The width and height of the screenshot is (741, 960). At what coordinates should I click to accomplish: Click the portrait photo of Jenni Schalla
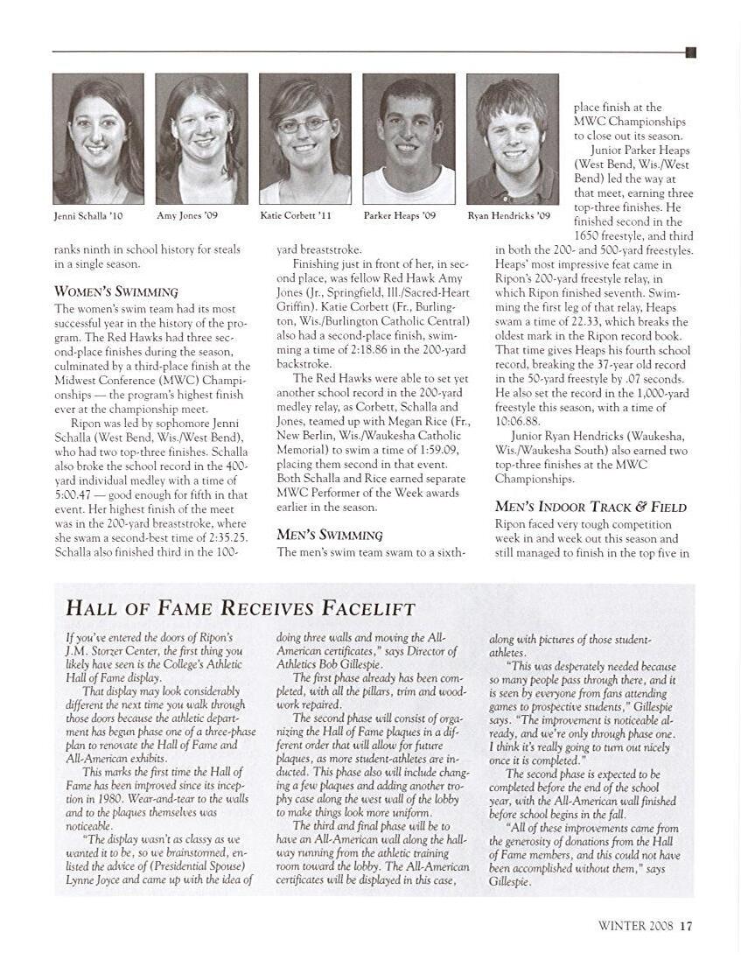[98, 138]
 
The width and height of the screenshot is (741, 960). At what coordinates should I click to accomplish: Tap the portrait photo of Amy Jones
[201, 138]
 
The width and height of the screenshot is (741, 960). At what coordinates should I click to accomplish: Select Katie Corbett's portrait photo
[304, 138]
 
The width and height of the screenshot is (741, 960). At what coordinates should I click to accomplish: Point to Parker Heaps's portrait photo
[409, 138]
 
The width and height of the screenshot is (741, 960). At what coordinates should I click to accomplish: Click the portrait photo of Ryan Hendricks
[512, 138]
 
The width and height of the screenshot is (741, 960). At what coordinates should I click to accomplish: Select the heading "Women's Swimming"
[115, 291]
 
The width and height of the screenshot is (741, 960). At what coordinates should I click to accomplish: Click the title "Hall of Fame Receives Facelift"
[241, 608]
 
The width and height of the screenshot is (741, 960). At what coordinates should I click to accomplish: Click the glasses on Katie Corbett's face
[303, 126]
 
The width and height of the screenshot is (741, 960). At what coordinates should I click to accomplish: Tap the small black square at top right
[690, 53]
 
